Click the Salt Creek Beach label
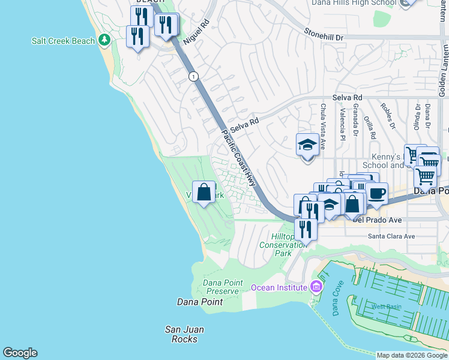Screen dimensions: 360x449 pos(63,41)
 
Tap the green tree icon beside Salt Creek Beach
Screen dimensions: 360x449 pos(105,40)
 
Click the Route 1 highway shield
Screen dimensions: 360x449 pos(193,76)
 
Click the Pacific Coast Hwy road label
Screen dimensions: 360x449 pos(238,158)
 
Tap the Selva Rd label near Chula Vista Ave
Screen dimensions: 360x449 pos(348,97)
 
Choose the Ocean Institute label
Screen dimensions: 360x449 pos(279,287)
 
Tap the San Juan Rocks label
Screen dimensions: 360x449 pos(184,334)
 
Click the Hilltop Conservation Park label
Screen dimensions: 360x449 pos(283,245)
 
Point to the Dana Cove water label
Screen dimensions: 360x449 pos(336,305)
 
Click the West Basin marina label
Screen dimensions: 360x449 pos(386,307)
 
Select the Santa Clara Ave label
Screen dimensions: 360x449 pos(391,236)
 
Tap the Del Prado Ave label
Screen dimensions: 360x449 pos(376,220)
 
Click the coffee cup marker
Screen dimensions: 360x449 pos(377,194)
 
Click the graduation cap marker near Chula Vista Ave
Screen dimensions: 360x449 pos(307,145)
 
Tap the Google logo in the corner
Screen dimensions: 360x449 pos(20,353)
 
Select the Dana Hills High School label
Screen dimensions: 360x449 pos(354,3)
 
